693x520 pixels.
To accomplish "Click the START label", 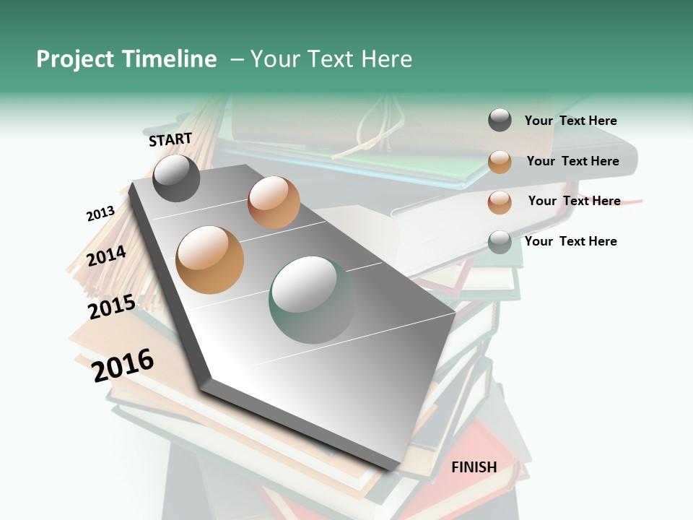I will pyautogui.click(x=170, y=139).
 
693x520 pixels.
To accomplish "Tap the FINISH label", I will pyautogui.click(x=474, y=467).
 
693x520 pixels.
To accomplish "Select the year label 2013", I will pyautogui.click(x=100, y=214).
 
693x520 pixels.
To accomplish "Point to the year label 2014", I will pyautogui.click(x=107, y=256).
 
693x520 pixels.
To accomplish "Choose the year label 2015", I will pyautogui.click(x=112, y=307).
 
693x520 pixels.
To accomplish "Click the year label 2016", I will pyautogui.click(x=123, y=365).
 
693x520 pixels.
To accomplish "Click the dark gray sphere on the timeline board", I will pyautogui.click(x=176, y=178).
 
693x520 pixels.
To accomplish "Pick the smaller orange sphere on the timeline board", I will pyautogui.click(x=274, y=202).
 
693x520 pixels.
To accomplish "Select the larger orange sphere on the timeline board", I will pyautogui.click(x=209, y=260).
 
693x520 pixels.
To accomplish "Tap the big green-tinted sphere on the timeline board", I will pyautogui.click(x=312, y=300).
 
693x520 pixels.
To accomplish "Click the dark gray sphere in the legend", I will pyautogui.click(x=500, y=121).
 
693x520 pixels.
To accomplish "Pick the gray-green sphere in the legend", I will pyautogui.click(x=500, y=242).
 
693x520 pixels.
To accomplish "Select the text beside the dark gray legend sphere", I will pyautogui.click(x=570, y=121).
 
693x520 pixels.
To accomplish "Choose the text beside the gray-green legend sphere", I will pyautogui.click(x=570, y=241).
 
